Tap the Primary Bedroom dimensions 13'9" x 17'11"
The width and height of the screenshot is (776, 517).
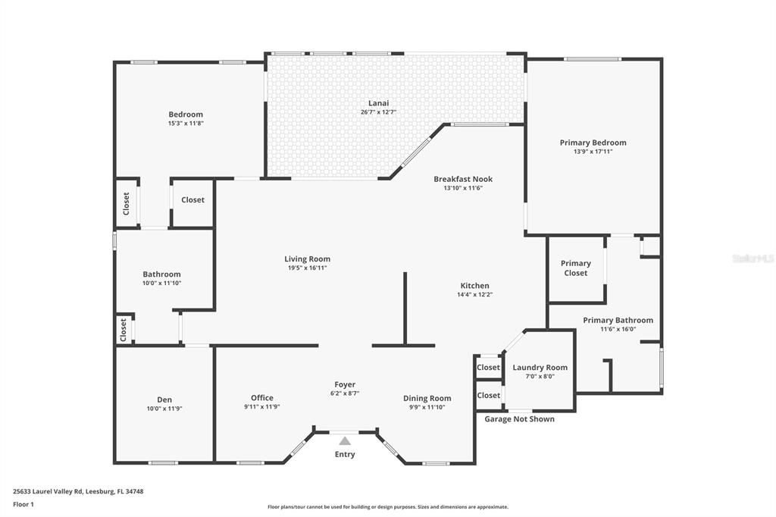tap(593, 152)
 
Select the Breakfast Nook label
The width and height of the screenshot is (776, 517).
tap(463, 179)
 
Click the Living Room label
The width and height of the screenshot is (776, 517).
tap(307, 258)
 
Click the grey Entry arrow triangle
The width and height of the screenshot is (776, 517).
tap(345, 440)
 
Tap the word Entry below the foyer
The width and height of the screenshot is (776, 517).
tap(345, 455)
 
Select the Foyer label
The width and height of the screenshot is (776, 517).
tap(345, 384)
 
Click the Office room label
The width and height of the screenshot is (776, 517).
tap(262, 397)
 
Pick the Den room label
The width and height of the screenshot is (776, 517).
tap(164, 399)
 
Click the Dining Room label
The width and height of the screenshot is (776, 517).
tap(427, 398)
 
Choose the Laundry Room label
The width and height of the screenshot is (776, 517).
tap(540, 368)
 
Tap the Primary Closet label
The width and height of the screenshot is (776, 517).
tap(576, 268)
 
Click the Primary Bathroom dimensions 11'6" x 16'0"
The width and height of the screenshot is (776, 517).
tap(618, 329)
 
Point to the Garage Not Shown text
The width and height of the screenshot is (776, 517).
tap(519, 419)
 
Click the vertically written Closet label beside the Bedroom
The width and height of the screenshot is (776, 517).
tap(127, 203)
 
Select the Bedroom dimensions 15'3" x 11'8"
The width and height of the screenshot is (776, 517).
tap(186, 123)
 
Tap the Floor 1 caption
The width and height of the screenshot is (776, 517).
tap(23, 504)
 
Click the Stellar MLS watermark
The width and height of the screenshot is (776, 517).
tap(753, 258)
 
